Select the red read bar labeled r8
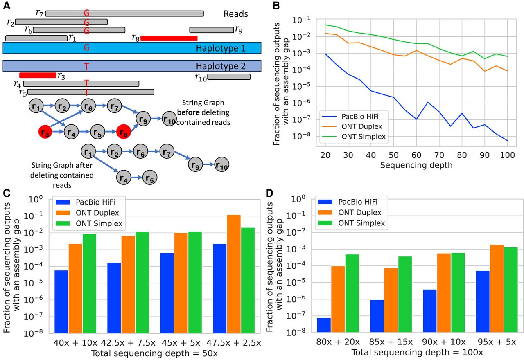pos(169,38)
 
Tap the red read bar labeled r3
pos(38,75)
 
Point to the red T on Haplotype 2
pos(86,65)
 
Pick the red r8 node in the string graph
pos(124,133)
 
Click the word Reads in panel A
pos(235,14)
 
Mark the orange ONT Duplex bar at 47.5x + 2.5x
pos(234,274)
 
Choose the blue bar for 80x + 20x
pos(324,325)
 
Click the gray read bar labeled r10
pos(229,76)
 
